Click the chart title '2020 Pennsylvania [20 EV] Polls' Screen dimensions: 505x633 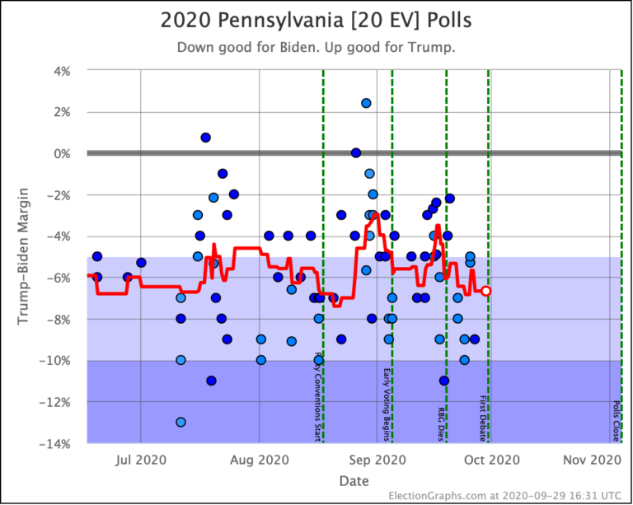tap(316, 19)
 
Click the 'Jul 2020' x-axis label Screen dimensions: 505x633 tap(141, 459)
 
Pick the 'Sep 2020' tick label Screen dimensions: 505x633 tap(377, 459)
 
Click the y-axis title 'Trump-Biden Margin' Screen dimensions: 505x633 tap(24, 257)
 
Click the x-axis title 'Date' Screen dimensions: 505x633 tap(353, 479)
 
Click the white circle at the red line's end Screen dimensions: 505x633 tap(486, 291)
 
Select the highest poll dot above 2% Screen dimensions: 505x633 tap(366, 103)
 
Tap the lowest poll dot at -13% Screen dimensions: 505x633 tap(181, 422)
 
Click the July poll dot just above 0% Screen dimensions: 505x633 tap(206, 138)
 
